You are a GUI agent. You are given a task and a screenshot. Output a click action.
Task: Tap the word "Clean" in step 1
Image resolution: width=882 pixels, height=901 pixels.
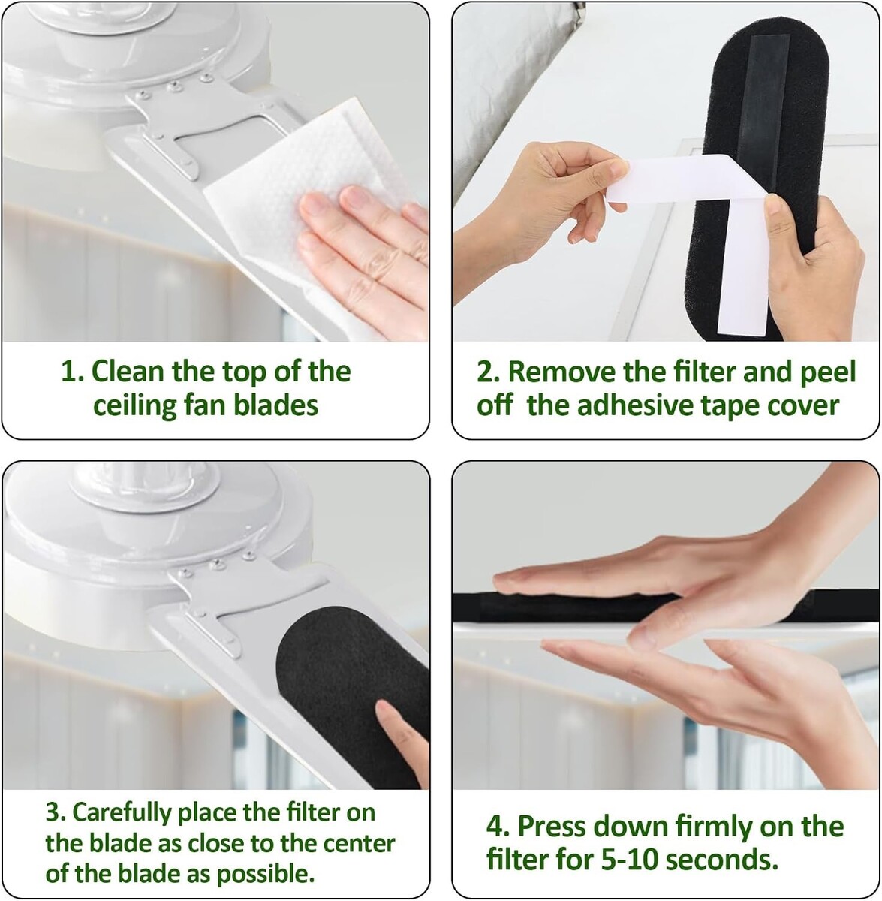pos(128,371)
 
